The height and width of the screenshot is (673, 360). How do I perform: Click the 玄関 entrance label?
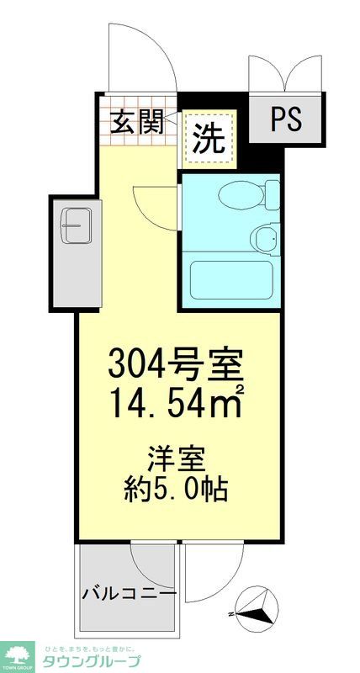(136, 123)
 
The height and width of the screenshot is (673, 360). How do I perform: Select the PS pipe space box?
(287, 120)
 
